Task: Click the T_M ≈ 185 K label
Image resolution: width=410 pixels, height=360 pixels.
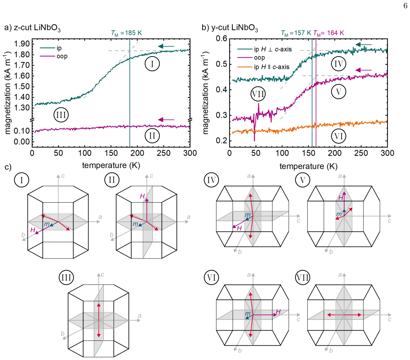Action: (x=126, y=33)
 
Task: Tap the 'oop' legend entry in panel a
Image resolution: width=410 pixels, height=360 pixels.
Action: (x=62, y=56)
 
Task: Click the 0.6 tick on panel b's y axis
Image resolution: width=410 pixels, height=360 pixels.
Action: (x=221, y=38)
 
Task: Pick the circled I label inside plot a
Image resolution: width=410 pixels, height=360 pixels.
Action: (x=152, y=64)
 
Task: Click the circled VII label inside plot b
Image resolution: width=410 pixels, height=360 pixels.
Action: (x=258, y=94)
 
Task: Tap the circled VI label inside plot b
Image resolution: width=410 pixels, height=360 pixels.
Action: (x=339, y=136)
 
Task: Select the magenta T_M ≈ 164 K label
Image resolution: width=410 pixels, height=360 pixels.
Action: (x=329, y=33)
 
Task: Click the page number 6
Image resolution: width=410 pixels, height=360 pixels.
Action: (x=405, y=6)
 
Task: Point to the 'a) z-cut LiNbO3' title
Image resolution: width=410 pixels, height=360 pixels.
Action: (x=32, y=28)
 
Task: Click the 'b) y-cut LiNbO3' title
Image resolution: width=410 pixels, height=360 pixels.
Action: (x=230, y=28)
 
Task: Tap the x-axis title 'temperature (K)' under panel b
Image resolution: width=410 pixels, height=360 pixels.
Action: (x=309, y=166)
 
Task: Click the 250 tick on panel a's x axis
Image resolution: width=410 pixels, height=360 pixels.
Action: (x=164, y=153)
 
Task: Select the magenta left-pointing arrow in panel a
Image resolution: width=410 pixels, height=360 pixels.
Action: (x=166, y=120)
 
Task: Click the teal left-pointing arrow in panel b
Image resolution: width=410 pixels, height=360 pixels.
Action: (x=363, y=45)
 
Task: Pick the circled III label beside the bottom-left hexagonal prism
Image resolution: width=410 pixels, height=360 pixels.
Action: (x=66, y=277)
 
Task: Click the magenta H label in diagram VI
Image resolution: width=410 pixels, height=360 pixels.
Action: (x=278, y=312)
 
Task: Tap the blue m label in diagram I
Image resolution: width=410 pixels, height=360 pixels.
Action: (x=47, y=224)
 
